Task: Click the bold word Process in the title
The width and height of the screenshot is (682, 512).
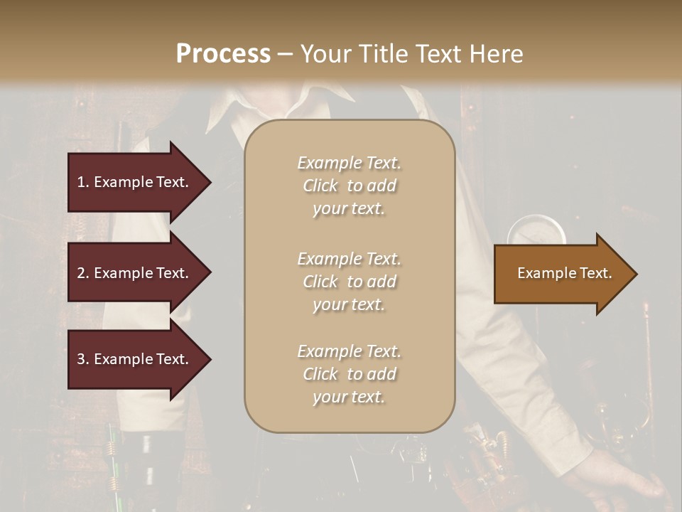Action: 223,53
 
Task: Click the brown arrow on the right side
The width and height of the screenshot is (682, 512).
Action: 561,273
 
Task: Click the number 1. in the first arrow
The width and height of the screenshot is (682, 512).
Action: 83,182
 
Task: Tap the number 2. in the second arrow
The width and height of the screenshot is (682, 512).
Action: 83,273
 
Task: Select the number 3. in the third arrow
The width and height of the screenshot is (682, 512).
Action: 83,359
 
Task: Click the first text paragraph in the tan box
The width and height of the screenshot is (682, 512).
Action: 349,186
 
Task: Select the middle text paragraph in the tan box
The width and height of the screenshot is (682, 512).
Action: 349,281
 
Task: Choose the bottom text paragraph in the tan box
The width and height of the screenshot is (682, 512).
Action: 349,374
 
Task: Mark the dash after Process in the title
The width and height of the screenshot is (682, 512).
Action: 285,54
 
